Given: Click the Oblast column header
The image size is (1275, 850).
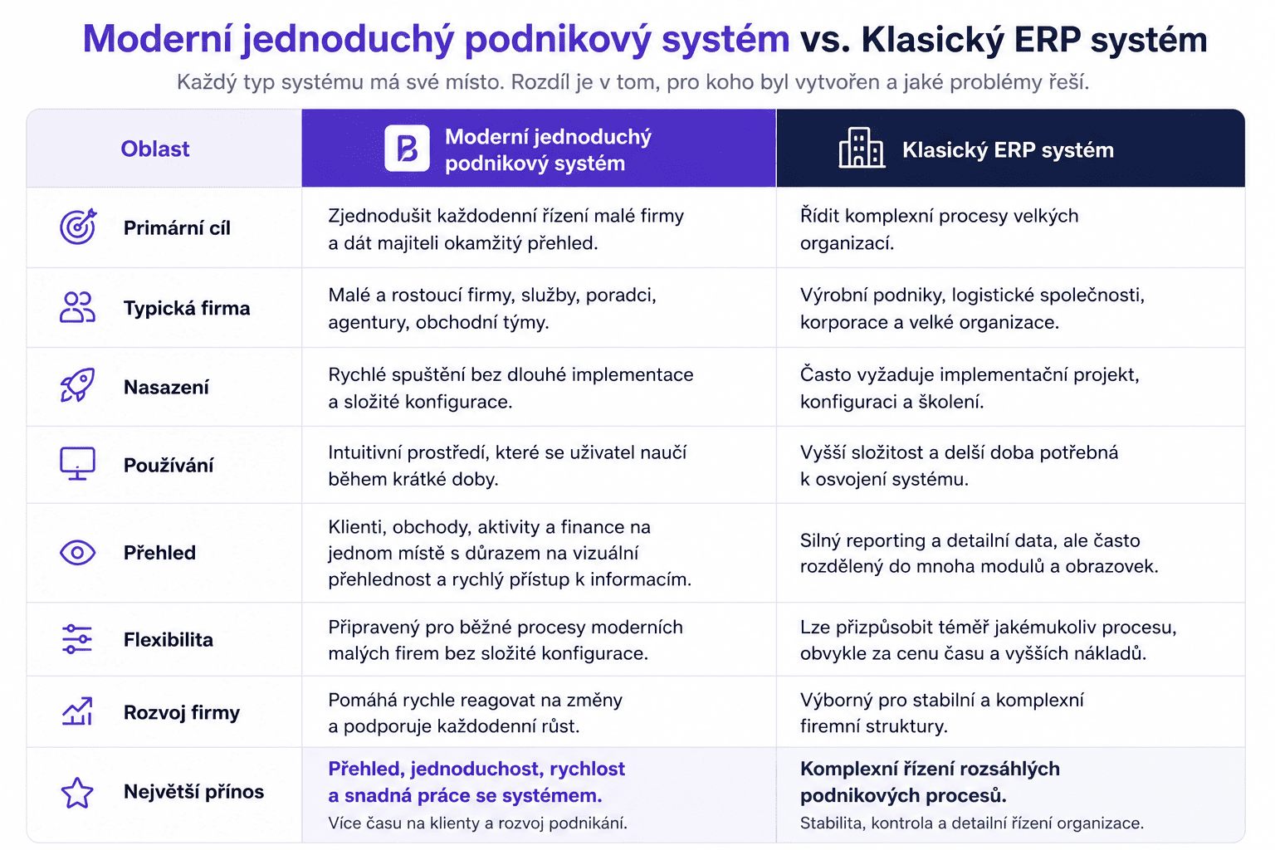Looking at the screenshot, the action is pyautogui.click(x=155, y=149).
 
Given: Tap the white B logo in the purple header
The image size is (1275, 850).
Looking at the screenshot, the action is pyautogui.click(x=407, y=149).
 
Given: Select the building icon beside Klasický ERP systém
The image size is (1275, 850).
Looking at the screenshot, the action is pyautogui.click(x=862, y=148).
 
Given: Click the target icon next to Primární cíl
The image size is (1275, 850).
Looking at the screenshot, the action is pyautogui.click(x=78, y=227).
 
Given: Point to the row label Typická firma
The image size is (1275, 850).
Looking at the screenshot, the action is pyautogui.click(x=187, y=308).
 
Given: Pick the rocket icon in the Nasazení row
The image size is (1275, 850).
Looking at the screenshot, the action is pyautogui.click(x=77, y=385).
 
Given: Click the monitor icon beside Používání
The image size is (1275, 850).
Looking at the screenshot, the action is pyautogui.click(x=77, y=463).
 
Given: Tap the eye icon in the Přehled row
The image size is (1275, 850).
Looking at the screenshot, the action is pyautogui.click(x=77, y=552).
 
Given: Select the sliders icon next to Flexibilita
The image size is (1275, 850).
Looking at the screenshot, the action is pyautogui.click(x=77, y=639).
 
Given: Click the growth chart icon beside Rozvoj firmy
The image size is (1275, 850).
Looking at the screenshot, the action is pyautogui.click(x=77, y=711).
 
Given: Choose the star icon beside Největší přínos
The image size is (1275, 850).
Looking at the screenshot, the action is pyautogui.click(x=77, y=793).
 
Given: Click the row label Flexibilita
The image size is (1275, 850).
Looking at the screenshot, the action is pyautogui.click(x=169, y=639).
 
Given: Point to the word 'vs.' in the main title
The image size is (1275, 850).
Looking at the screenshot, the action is pyautogui.click(x=825, y=39).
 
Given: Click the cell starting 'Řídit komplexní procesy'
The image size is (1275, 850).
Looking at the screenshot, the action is pyautogui.click(x=939, y=229).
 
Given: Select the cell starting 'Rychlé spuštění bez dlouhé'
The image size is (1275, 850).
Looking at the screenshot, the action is pyautogui.click(x=510, y=388).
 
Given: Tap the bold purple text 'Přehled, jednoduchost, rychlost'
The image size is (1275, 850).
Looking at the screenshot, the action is pyautogui.click(x=476, y=769).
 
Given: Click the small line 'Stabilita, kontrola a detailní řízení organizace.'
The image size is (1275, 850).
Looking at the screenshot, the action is pyautogui.click(x=972, y=823).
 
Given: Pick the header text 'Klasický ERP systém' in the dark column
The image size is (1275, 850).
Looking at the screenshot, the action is pyautogui.click(x=1008, y=149).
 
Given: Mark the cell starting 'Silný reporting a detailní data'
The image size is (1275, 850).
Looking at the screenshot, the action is pyautogui.click(x=979, y=553).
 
